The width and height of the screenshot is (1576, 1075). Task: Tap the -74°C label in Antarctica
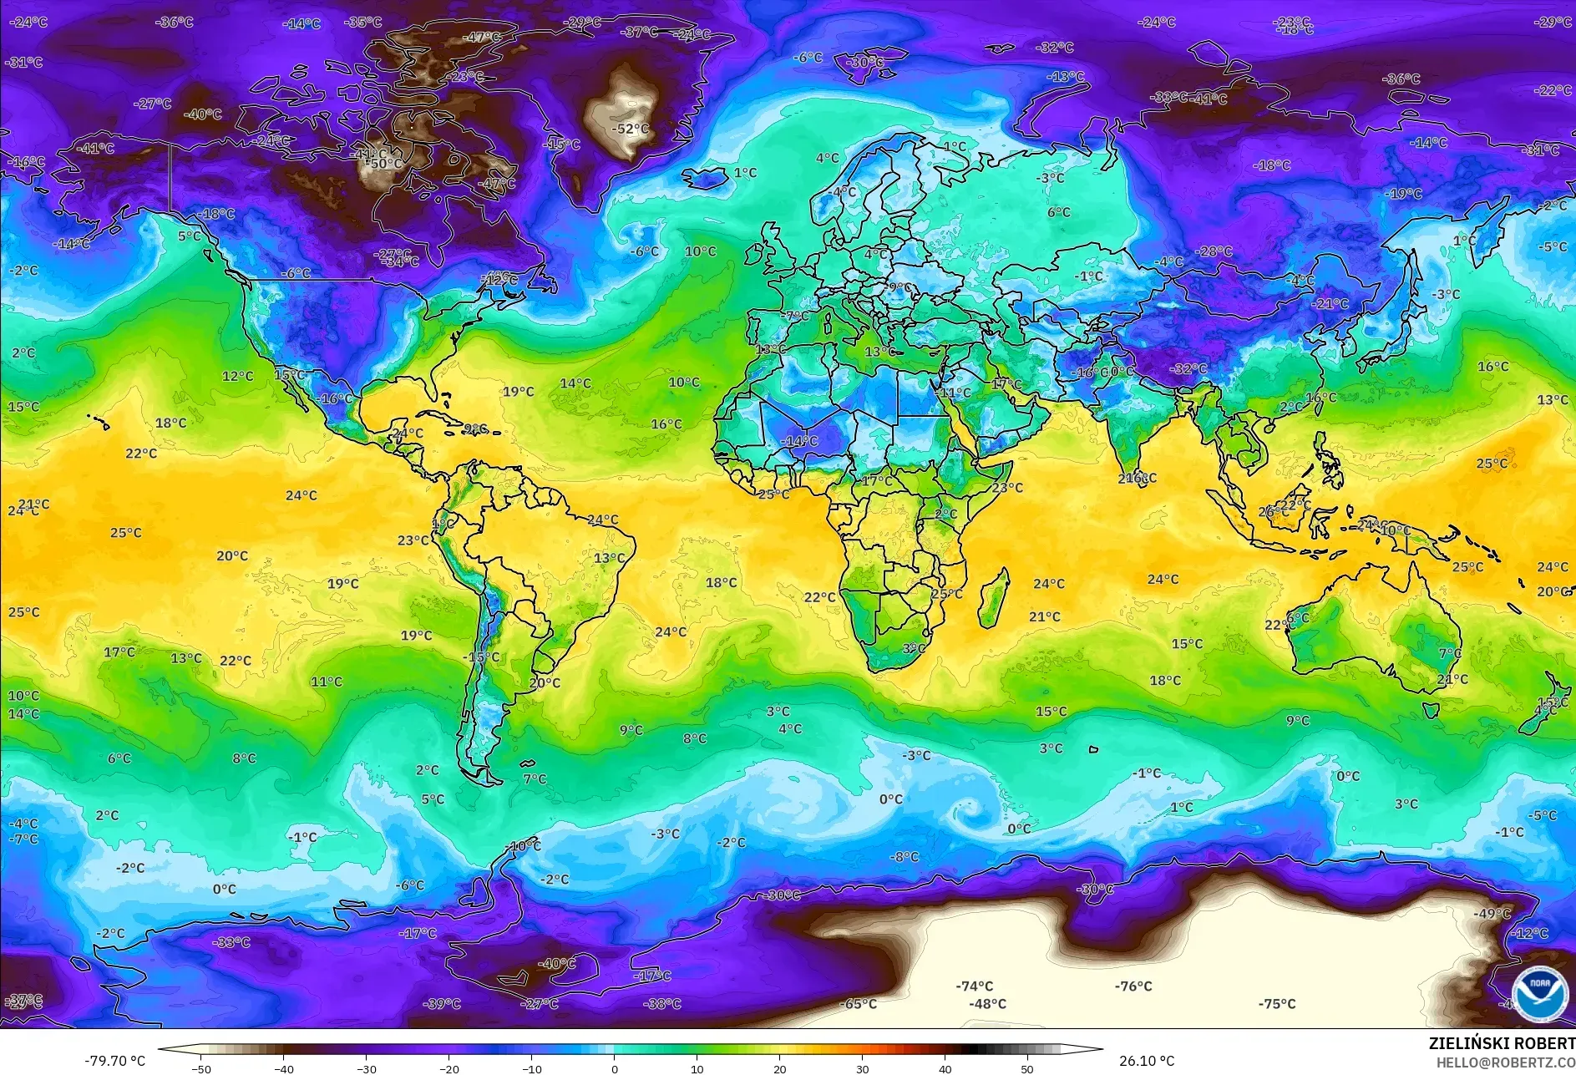tap(975, 986)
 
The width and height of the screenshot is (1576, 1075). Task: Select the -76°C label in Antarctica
tap(1133, 986)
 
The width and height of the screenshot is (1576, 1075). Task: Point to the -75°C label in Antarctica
tap(1277, 1004)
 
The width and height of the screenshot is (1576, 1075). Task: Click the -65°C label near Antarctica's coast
tap(859, 1004)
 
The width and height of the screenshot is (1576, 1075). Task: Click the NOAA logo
tap(1539, 993)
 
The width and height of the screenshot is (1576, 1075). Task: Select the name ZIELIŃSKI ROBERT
tap(1501, 1043)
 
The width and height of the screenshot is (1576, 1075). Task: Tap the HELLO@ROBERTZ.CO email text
tap(1505, 1062)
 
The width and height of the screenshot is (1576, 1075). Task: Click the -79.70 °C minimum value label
tap(114, 1061)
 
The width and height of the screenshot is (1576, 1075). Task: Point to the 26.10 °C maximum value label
tap(1146, 1061)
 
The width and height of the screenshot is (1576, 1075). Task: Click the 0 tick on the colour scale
tap(615, 1069)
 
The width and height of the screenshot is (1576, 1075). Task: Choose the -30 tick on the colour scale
tap(366, 1069)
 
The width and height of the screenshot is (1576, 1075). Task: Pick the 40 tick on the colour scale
tap(945, 1069)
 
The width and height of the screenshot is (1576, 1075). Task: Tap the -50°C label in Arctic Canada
tap(386, 164)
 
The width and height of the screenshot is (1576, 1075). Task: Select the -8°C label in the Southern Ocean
tap(904, 857)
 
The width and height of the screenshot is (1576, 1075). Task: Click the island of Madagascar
tap(992, 599)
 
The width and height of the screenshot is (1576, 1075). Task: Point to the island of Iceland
tap(707, 178)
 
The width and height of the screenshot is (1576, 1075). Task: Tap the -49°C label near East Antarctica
tap(1492, 914)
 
